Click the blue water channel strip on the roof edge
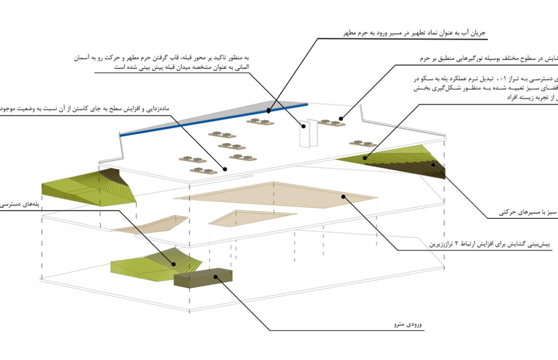(212, 120)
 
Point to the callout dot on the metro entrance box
(217, 277)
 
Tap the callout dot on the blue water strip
(268, 111)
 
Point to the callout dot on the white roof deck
(225, 169)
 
